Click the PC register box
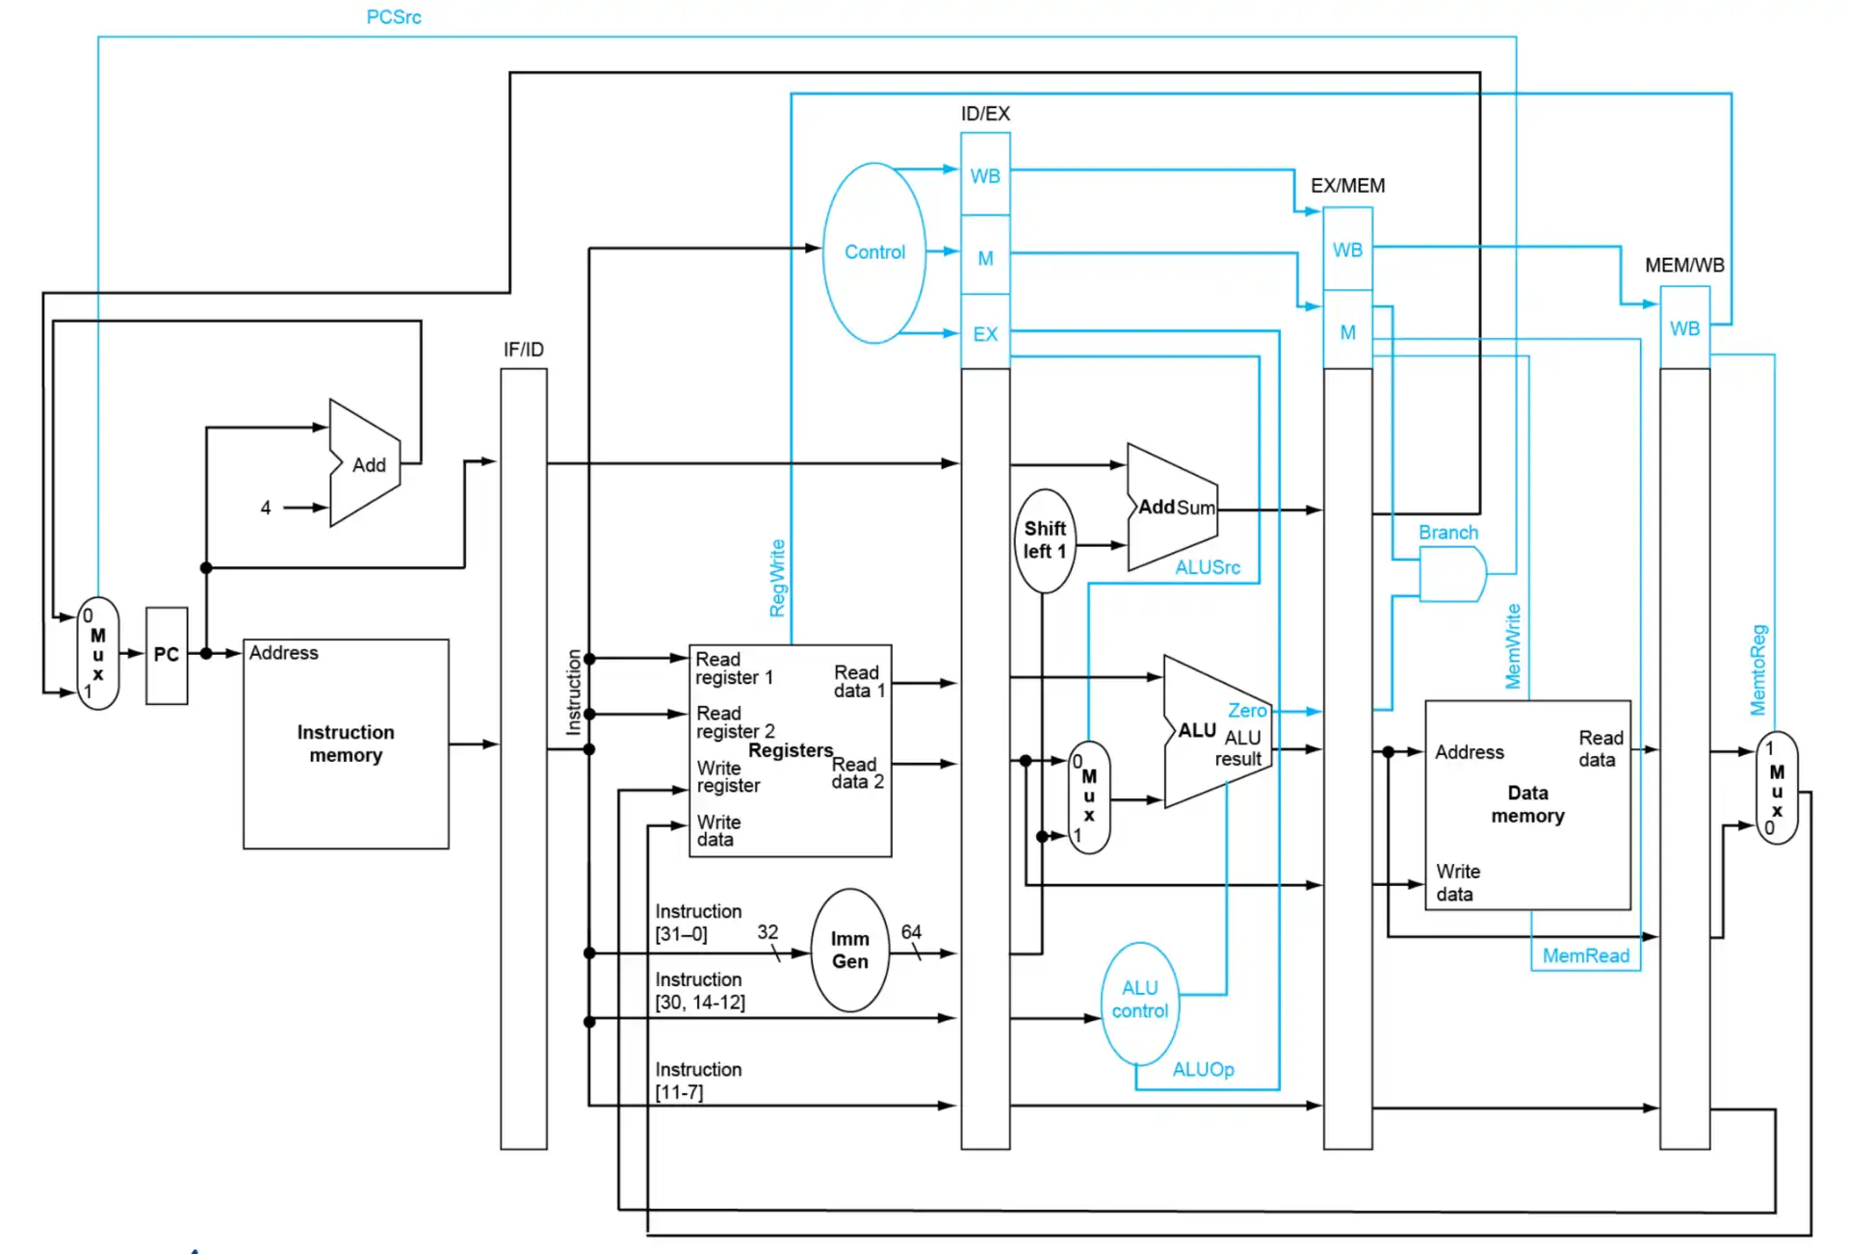(167, 655)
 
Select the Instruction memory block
(346, 744)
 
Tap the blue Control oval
(874, 252)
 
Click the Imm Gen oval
(849, 950)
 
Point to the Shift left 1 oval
(1045, 540)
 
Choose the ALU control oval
(1139, 1000)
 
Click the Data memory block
(1527, 804)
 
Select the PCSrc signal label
(394, 16)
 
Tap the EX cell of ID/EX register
(985, 334)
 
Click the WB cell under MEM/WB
(1684, 328)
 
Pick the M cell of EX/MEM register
(1347, 332)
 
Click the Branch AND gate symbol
(1452, 574)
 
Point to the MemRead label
(1585, 955)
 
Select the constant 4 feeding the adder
(266, 508)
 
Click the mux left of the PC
(97, 654)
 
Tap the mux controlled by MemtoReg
(1777, 788)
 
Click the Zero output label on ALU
(1247, 710)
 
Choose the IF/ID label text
(523, 350)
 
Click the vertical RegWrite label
(777, 578)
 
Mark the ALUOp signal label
(1203, 1069)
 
